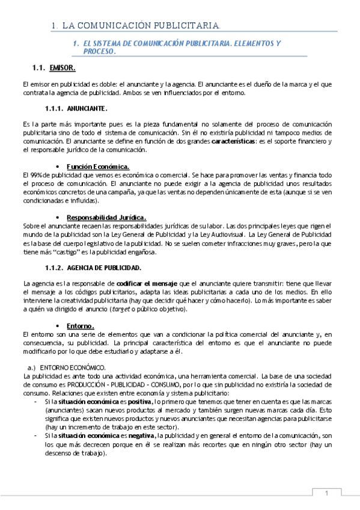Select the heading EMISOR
coord(63,67)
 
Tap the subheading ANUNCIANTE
coord(87,108)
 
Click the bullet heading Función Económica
coord(98,166)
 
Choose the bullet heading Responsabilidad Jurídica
coord(107,217)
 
